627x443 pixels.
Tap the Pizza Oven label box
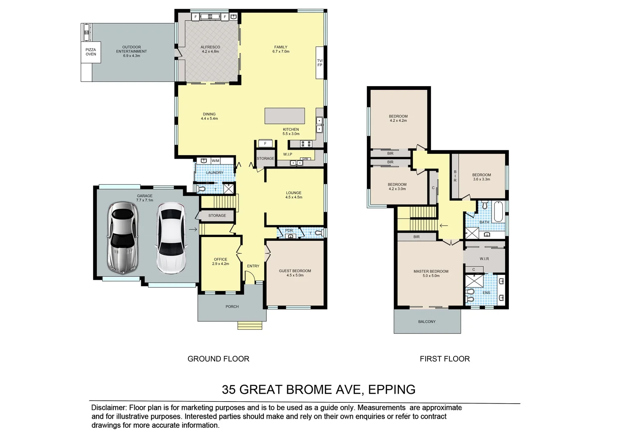tap(91, 52)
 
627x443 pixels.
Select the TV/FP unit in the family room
tap(320, 63)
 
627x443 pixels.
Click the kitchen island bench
tap(285, 116)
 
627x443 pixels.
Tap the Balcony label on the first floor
tap(427, 322)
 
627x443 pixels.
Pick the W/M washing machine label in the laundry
tap(215, 161)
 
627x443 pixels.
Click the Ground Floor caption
tap(218, 359)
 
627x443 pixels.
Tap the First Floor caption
tap(444, 359)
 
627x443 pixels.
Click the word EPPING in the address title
tap(391, 389)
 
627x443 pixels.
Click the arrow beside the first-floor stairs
tap(444, 225)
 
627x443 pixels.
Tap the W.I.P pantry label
tap(287, 154)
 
